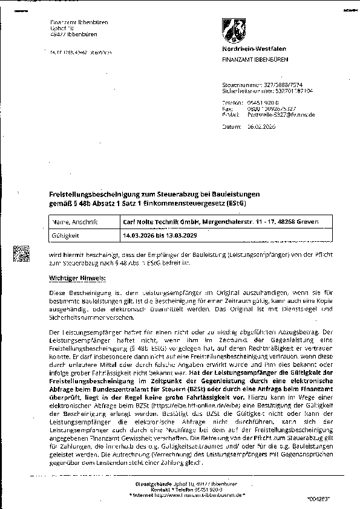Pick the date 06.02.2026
coord(261,127)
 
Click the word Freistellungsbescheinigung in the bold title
coord(92,193)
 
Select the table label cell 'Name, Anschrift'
coord(69,222)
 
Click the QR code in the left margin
coord(22,253)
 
